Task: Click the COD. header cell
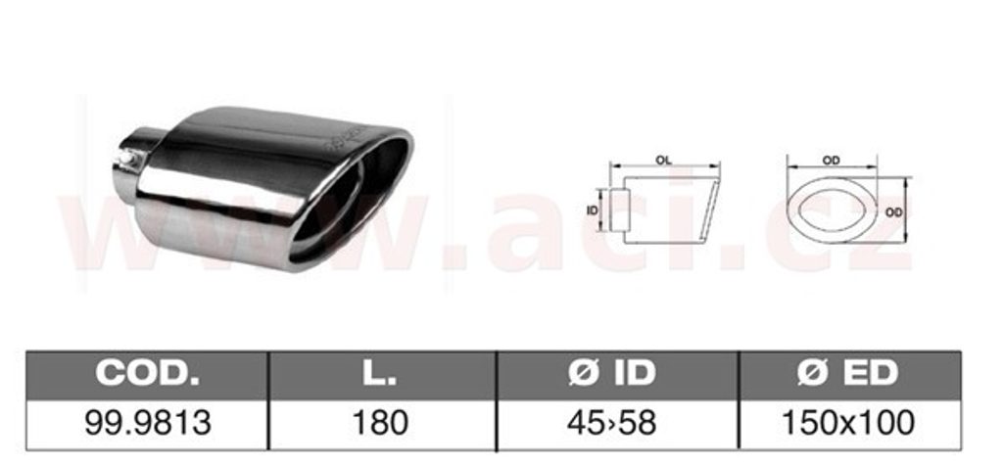pyautogui.click(x=147, y=374)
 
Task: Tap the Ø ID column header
pyautogui.click(x=618, y=374)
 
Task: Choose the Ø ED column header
pyautogui.click(x=850, y=374)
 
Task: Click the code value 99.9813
pyautogui.click(x=148, y=423)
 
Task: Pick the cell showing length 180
pyautogui.click(x=382, y=423)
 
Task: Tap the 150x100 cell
pyautogui.click(x=849, y=423)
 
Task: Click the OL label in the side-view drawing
pyautogui.click(x=663, y=161)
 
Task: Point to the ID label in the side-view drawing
pyautogui.click(x=592, y=210)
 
